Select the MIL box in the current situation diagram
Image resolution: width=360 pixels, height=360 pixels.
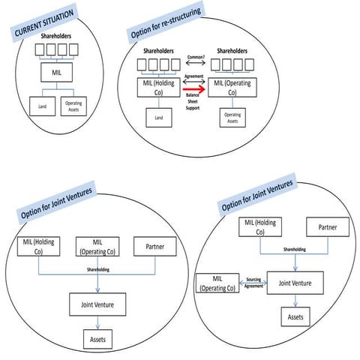tap(58, 72)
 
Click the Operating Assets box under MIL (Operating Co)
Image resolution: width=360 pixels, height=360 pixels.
tap(232, 117)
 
